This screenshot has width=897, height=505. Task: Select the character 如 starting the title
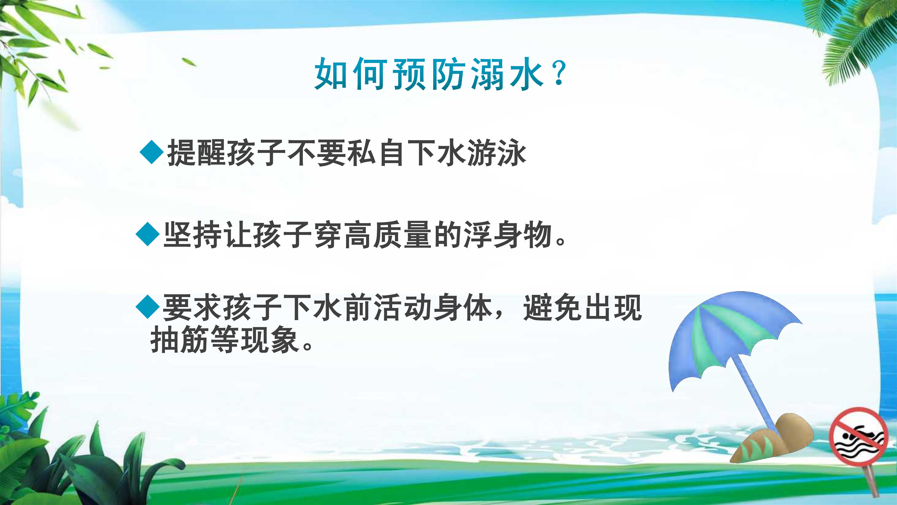pos(330,74)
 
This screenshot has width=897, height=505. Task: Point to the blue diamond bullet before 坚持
pos(148,234)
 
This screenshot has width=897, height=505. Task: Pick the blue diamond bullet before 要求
pos(148,307)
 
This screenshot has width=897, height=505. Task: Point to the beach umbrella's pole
pos(754,397)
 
